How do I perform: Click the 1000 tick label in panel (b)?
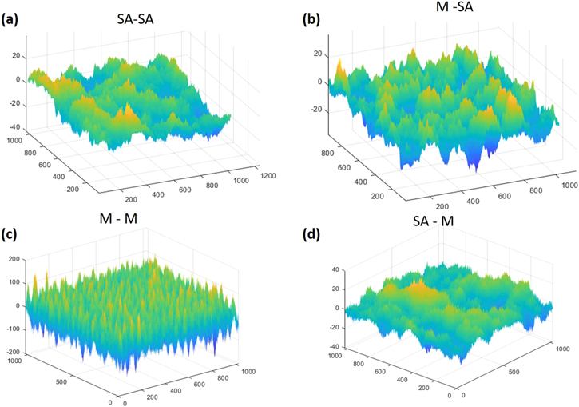(567, 186)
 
